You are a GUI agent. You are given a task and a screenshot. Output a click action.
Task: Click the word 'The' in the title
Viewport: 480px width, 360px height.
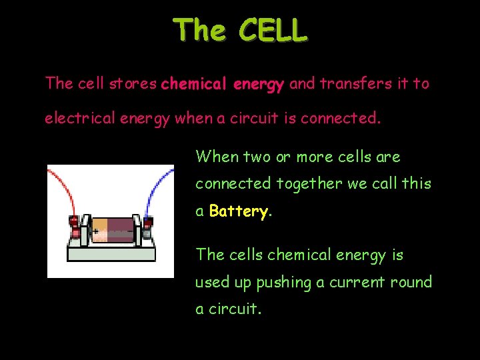197,31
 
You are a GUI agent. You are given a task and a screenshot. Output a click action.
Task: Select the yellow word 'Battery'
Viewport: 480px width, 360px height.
239,211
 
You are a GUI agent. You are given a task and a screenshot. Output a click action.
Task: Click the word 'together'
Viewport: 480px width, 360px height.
306,183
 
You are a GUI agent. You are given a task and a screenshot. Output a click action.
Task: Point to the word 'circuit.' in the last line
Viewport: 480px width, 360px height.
234,309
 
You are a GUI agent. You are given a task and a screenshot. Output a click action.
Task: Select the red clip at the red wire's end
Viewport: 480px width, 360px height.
74,227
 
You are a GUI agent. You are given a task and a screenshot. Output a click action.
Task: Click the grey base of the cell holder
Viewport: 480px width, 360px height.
111,253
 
